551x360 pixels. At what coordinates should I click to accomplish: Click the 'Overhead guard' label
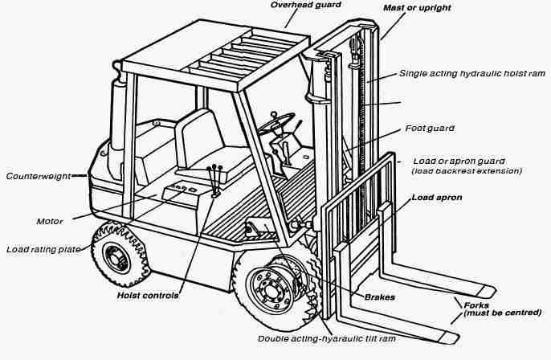click(301, 5)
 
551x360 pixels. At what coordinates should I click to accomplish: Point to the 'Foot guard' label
click(430, 129)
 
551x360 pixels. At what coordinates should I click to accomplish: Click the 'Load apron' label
click(438, 197)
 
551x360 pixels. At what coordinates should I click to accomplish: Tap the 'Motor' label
click(50, 221)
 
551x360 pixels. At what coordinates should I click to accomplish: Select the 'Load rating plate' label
click(43, 250)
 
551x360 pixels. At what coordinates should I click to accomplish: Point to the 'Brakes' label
click(379, 297)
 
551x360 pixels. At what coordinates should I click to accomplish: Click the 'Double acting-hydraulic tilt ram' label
click(325, 339)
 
